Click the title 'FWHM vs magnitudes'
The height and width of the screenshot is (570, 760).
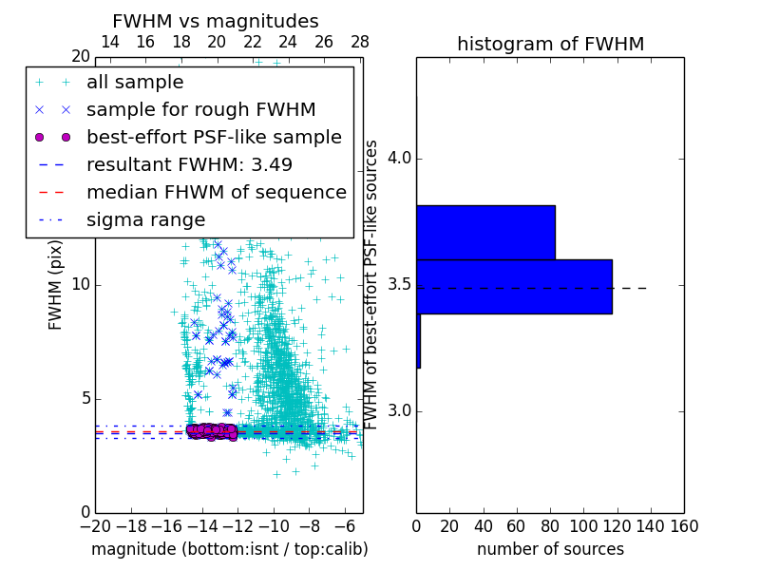(216, 21)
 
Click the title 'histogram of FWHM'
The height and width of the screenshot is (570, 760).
(550, 44)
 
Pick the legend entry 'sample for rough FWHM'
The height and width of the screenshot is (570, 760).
(200, 110)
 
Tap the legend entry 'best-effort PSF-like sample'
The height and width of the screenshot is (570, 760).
(214, 138)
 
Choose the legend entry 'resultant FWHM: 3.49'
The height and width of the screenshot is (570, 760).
(189, 165)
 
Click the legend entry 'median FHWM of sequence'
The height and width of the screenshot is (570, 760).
(216, 193)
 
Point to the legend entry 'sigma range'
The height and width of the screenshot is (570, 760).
(145, 220)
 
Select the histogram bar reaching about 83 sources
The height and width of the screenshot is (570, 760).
(485, 232)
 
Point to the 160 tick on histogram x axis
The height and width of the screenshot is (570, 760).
(684, 525)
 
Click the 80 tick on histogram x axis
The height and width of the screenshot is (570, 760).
(550, 525)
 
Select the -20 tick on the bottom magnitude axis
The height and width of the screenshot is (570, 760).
(95, 525)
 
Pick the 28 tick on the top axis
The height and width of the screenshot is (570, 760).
(360, 42)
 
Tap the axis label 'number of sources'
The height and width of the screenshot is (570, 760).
(550, 549)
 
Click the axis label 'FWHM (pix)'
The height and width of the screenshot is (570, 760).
(56, 285)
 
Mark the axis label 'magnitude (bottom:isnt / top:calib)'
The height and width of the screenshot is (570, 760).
(229, 549)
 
